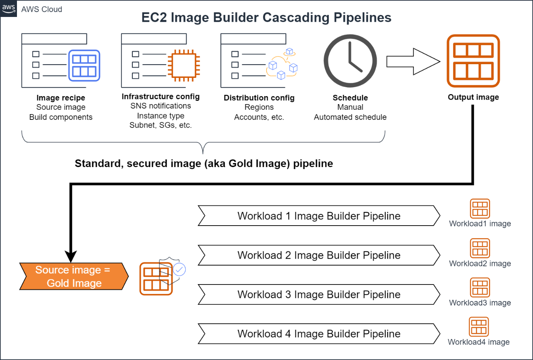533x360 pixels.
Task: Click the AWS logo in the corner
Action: (8, 9)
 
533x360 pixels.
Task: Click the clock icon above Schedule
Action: (350, 60)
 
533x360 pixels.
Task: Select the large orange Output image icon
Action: (473, 61)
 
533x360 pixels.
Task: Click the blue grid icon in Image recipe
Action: (84, 65)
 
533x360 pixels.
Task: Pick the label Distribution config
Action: (259, 98)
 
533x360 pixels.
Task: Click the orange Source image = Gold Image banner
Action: (74, 276)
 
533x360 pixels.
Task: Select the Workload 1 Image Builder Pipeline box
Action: (319, 216)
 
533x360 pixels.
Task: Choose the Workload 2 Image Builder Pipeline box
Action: (319, 255)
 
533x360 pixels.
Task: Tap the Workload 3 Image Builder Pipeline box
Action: (319, 294)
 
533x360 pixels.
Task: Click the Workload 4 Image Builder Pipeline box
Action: (319, 334)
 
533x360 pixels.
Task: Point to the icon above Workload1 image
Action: (480, 209)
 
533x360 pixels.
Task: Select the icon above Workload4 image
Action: (479, 327)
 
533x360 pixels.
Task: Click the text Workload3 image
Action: (480, 303)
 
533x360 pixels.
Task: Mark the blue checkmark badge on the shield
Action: (179, 269)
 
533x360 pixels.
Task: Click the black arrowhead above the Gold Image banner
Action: (71, 257)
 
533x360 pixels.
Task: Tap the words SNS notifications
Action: (161, 106)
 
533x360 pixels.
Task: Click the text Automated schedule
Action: (350, 117)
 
